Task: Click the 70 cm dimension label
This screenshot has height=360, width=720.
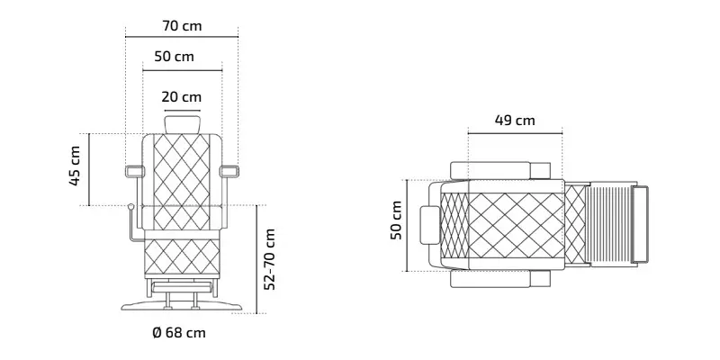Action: (182, 26)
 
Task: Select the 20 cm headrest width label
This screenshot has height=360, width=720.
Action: (182, 97)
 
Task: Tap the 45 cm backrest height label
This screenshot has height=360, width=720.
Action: (75, 166)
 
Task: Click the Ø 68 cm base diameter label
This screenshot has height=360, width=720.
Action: (179, 332)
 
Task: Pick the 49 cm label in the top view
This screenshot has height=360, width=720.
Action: (515, 121)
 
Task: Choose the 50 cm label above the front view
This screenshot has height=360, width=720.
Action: (174, 57)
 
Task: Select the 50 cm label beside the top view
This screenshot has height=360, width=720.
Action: (396, 220)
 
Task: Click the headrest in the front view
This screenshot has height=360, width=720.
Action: (183, 124)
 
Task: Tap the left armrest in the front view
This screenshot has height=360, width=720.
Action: (134, 172)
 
